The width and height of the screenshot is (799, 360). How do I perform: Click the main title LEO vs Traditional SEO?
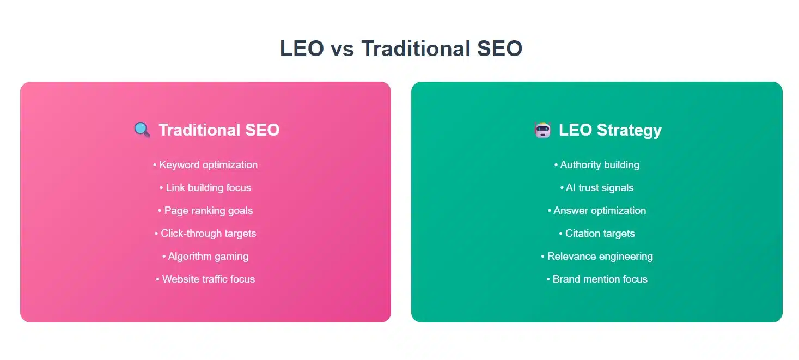401,48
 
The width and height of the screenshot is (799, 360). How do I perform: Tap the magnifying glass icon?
142,130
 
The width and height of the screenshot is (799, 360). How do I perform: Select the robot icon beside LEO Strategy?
543,130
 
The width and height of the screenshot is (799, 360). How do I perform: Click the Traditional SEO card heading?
219,130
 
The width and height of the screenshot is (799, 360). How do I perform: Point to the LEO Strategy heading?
610,130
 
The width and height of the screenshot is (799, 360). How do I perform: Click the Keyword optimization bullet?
205,164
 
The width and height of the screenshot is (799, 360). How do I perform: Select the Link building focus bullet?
205,187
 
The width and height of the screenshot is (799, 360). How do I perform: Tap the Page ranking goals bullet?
205,210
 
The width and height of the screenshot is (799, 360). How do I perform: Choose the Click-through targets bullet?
205,233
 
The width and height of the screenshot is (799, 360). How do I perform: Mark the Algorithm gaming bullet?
205,256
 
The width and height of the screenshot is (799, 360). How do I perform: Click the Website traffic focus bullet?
205,279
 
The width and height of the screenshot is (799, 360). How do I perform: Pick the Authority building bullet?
597,164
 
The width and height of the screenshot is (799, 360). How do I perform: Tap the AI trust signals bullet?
597,187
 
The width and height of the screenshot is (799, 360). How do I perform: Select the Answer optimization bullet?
597,210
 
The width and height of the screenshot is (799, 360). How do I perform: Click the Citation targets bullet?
597,233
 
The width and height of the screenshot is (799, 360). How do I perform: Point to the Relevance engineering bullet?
597,256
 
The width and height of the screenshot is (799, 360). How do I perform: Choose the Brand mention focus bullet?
597,279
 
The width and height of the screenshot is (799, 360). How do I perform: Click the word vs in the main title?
341,49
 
